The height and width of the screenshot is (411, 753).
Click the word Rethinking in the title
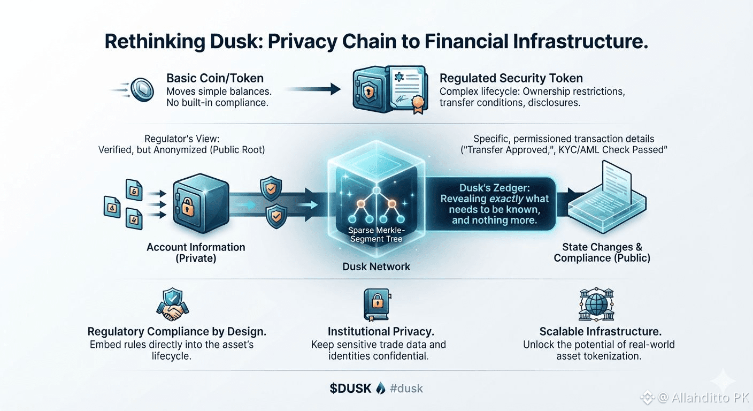tap(155, 42)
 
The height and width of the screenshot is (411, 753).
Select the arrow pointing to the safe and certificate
tap(313, 89)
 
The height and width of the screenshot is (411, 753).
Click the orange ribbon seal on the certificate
tap(418, 103)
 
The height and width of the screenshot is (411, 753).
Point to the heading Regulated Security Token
tap(511, 78)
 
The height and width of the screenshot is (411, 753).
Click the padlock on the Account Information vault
tap(188, 207)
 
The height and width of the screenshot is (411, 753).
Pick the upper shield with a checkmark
tap(271, 188)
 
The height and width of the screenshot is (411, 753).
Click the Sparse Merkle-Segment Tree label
tap(376, 234)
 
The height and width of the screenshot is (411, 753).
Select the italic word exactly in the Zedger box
tap(506, 199)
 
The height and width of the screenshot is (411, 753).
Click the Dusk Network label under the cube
tap(376, 267)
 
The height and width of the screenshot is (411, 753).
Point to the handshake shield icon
tap(172, 305)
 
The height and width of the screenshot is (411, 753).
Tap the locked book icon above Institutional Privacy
tap(377, 305)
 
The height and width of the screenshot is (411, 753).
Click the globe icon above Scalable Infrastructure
tap(596, 305)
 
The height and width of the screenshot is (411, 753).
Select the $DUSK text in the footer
tap(350, 389)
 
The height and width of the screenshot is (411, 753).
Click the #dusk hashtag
tap(406, 389)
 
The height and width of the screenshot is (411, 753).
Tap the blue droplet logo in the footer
tap(381, 388)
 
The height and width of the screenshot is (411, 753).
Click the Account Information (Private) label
tap(196, 253)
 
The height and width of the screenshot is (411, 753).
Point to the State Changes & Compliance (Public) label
tap(602, 253)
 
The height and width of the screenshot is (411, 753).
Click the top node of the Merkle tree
tap(376, 191)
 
